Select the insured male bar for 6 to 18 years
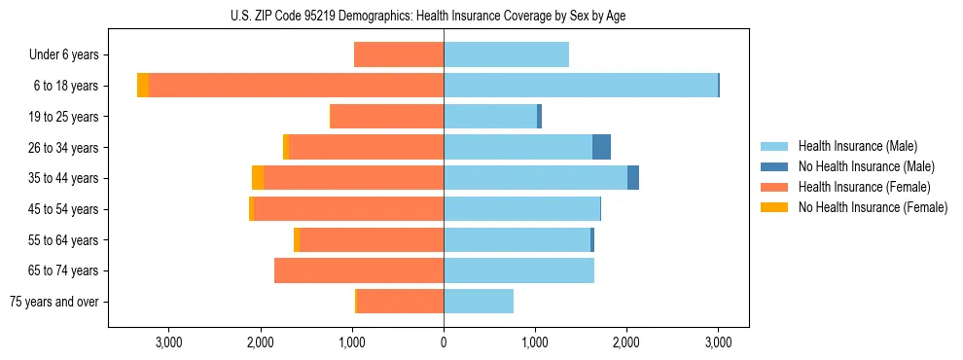(581, 86)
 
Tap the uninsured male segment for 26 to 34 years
(601, 147)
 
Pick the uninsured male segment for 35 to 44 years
(633, 178)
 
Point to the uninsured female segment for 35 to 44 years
(258, 178)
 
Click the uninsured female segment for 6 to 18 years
(143, 86)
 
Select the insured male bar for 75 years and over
(479, 302)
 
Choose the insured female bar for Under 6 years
(399, 54)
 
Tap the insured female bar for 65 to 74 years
(359, 270)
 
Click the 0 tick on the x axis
(444, 342)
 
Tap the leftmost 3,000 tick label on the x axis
(168, 342)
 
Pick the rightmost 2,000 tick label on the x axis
(626, 342)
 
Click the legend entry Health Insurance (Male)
(857, 146)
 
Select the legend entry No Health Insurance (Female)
(873, 207)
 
